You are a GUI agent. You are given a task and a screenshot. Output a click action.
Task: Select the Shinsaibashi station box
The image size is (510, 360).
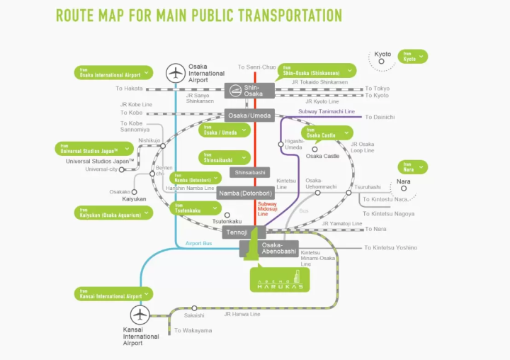pos(250,172)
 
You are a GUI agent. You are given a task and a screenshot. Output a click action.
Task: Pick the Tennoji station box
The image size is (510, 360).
pos(236,232)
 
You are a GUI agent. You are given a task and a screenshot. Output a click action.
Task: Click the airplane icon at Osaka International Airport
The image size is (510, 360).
pos(175,72)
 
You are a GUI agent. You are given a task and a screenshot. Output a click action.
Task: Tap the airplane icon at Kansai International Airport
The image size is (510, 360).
pos(141,315)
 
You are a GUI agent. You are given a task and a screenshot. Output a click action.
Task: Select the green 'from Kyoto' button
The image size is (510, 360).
pos(413,57)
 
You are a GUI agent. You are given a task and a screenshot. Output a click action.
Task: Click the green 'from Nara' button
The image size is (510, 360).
pos(412,167)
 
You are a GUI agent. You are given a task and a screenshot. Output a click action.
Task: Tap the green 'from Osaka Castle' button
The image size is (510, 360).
pos(327,133)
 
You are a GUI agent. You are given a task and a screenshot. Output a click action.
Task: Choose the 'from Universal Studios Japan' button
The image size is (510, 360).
pos(95,149)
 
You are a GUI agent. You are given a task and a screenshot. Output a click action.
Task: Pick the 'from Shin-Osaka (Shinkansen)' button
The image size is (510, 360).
pos(316,70)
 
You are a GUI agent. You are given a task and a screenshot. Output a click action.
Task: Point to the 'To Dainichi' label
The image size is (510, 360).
pos(380,116)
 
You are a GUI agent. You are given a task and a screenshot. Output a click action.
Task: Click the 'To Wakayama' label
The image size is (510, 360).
pos(193,330)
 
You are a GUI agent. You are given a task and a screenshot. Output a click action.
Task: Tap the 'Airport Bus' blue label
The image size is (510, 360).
pos(199,243)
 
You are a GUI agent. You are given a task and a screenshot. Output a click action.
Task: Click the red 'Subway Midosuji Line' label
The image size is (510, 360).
pos(268,208)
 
